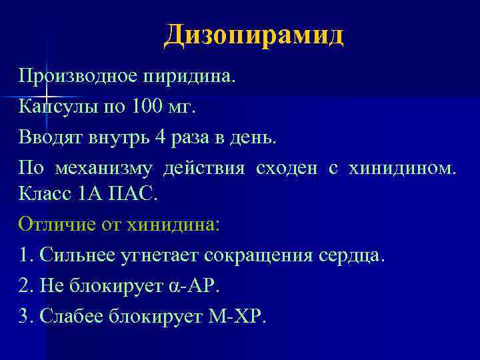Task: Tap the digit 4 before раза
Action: (159, 137)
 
